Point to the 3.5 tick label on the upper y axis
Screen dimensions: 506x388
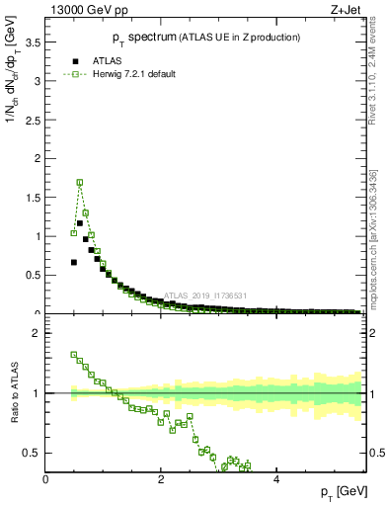pos(32,42)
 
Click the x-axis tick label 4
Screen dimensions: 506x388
pos(276,480)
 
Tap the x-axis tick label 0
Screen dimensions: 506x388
pos(46,480)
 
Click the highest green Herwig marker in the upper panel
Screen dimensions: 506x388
pos(80,182)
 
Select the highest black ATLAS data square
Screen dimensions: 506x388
pos(80,223)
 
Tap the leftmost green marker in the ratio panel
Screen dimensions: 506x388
pos(74,354)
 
